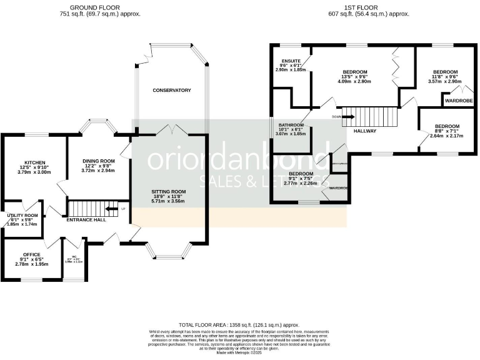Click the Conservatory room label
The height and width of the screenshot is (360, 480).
tap(172, 91)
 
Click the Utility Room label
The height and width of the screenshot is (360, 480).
tap(23, 215)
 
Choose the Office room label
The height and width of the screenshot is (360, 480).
tap(31, 254)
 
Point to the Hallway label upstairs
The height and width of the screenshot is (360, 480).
tap(365, 131)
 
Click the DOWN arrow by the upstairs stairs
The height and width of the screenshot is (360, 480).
tap(344, 117)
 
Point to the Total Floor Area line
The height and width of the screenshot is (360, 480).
tap(239, 326)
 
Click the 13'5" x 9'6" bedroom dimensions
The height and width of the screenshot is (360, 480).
tap(354, 77)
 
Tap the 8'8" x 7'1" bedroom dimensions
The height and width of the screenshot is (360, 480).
tap(447, 131)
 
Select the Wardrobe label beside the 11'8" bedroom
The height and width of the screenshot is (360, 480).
tap(458, 100)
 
